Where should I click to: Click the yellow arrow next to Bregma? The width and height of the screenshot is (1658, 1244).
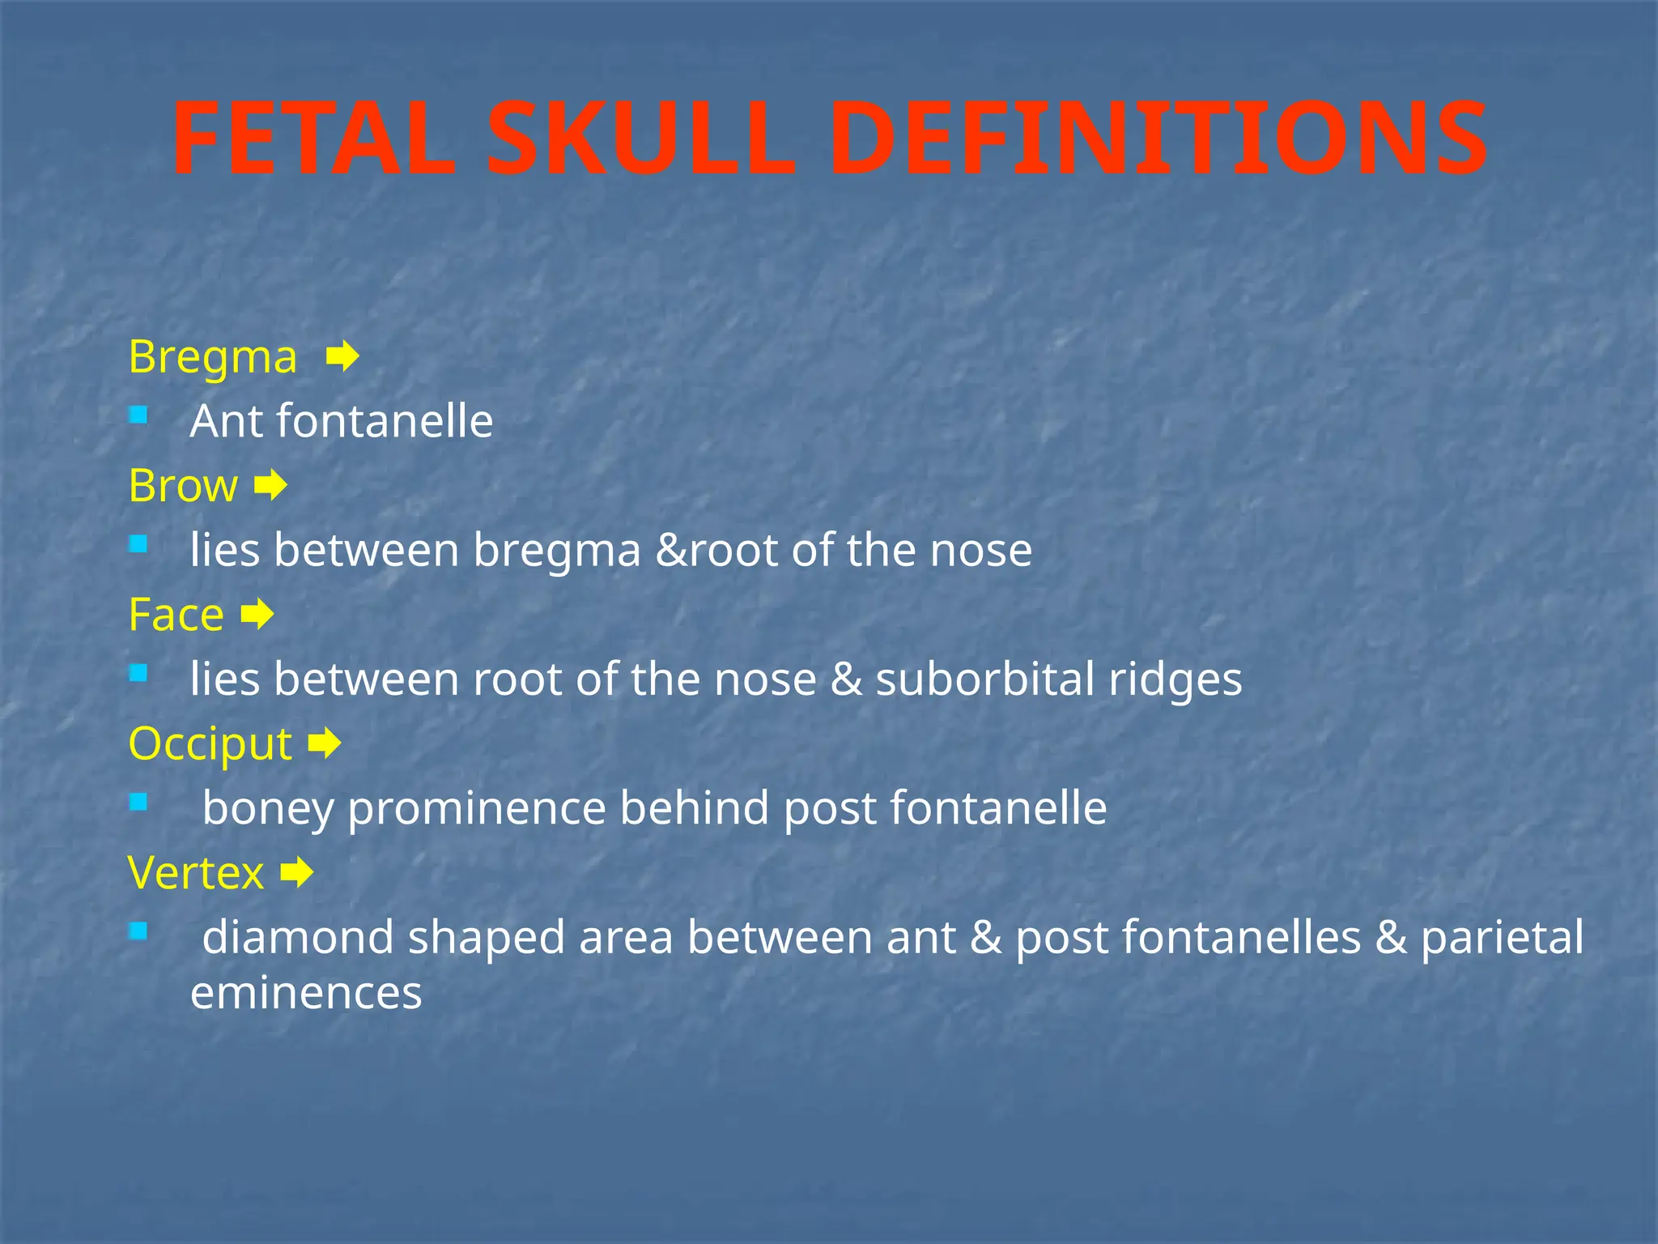click(x=342, y=356)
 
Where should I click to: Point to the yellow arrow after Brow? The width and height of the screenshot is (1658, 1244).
click(x=270, y=486)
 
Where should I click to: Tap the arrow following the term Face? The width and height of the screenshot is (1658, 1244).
click(x=257, y=615)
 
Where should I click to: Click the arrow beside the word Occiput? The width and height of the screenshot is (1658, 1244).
click(x=325, y=743)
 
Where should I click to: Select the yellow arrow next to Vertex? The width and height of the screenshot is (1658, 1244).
click(x=296, y=873)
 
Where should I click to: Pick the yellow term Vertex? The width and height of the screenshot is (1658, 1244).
click(x=196, y=873)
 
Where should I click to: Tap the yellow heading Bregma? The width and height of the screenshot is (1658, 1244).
click(x=213, y=358)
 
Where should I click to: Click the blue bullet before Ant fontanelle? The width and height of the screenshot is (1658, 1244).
click(x=138, y=416)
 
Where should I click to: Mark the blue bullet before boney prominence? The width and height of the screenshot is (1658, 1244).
click(x=138, y=803)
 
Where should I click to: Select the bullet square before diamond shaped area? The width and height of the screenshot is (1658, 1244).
click(x=138, y=932)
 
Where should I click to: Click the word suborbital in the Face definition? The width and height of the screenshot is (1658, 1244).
click(x=984, y=679)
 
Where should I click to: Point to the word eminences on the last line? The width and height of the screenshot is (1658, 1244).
click(x=306, y=993)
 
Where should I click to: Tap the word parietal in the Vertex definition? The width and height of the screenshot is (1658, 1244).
click(x=1502, y=938)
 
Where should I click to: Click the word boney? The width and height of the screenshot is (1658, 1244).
click(x=268, y=809)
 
